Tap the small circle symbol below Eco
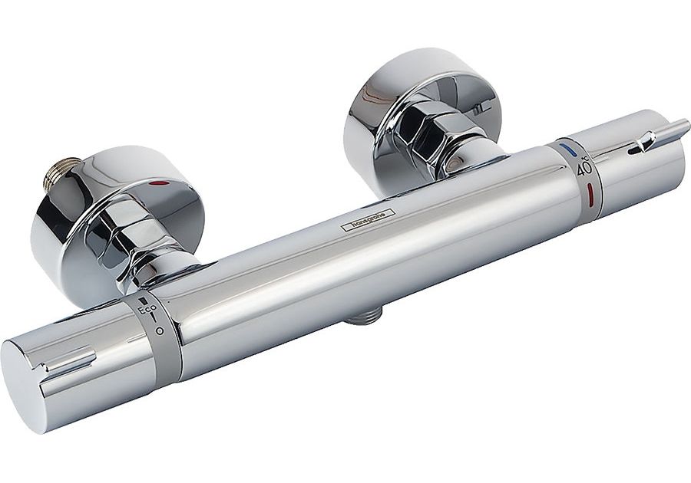160,330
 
